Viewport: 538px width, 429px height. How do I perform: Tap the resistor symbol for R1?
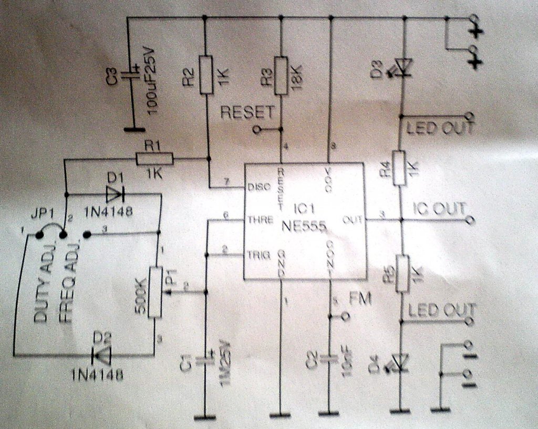(x=154, y=158)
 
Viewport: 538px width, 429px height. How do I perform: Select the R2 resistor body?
(x=206, y=74)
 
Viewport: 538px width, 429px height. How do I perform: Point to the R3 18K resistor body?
(x=281, y=76)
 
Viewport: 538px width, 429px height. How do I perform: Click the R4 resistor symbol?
(x=400, y=168)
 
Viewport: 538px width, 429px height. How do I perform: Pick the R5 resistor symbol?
(x=402, y=273)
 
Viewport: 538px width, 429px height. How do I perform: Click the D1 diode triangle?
(x=113, y=195)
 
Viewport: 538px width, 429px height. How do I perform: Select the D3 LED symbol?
(x=403, y=67)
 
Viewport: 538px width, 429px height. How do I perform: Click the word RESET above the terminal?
(x=247, y=112)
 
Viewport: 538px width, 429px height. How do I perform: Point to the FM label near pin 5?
(x=360, y=299)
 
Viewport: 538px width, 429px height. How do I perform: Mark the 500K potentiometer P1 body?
(x=156, y=292)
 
